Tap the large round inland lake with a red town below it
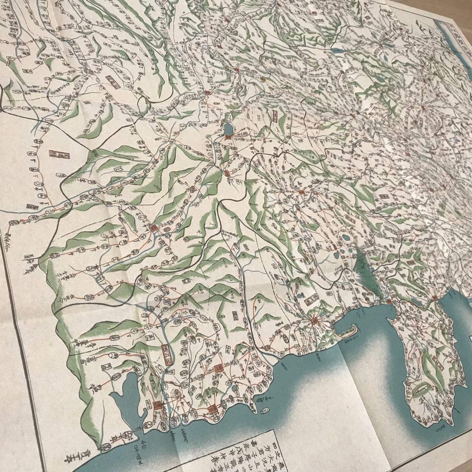pyautogui.click(x=228, y=128)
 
